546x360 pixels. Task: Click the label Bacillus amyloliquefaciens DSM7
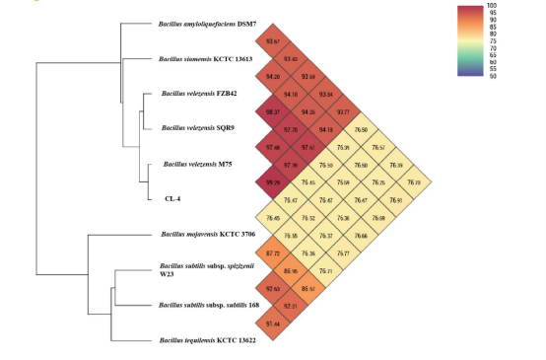tap(207, 23)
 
